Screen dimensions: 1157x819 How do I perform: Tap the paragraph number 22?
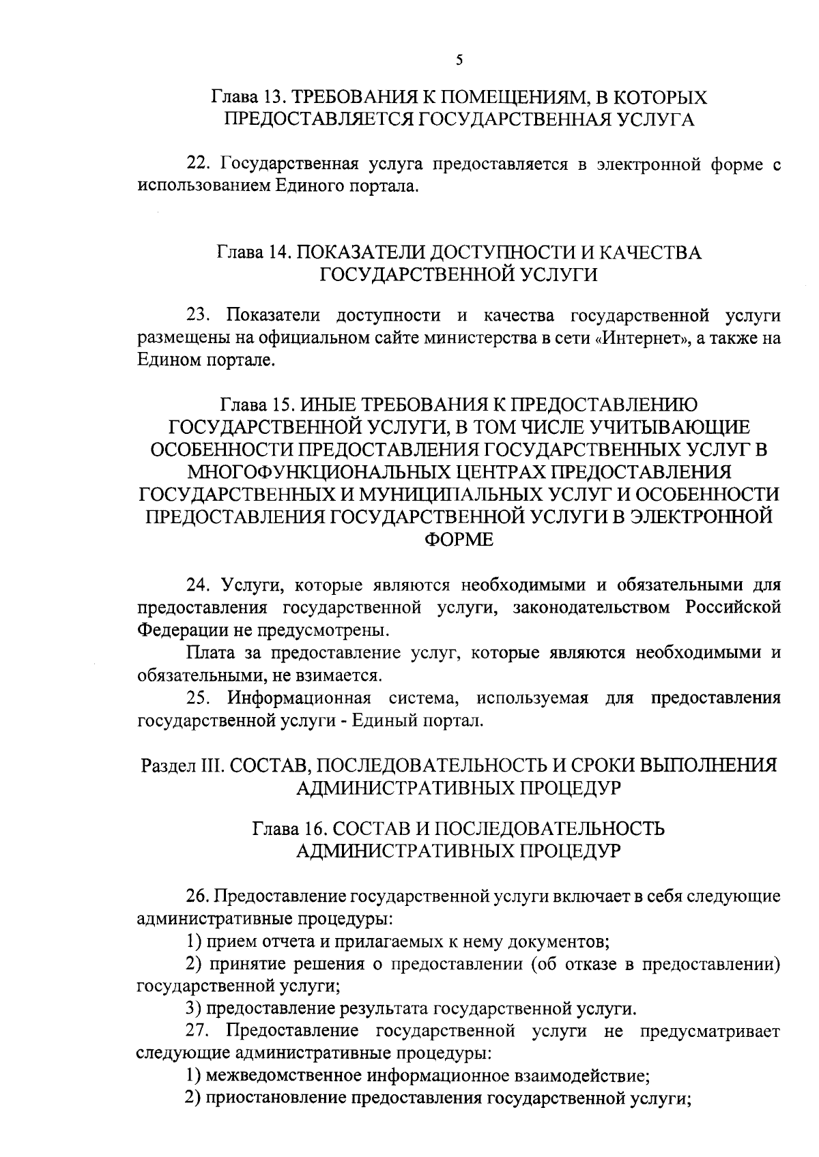click(197, 164)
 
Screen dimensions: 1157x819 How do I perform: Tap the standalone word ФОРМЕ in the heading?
click(459, 539)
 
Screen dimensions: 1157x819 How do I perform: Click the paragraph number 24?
click(197, 585)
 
